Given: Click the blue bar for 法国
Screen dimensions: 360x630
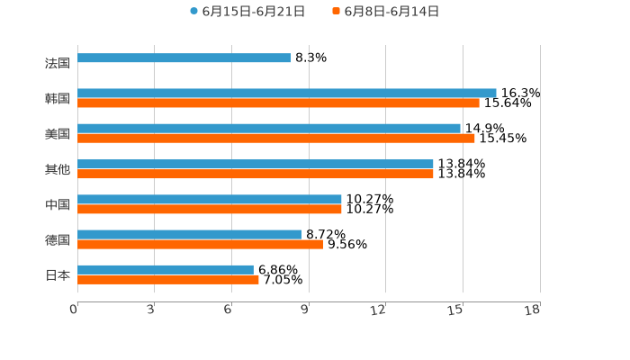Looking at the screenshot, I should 184,58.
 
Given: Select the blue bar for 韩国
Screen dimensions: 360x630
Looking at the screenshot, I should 286,93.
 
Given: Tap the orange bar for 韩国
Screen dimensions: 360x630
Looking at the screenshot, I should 278,103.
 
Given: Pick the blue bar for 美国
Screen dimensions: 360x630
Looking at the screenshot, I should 269,128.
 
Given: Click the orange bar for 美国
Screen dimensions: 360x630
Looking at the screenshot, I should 276,138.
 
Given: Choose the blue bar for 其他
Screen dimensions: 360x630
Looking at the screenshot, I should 256,164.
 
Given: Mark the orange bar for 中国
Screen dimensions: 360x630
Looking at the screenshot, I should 210,209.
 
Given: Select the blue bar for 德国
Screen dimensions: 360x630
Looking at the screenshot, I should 190,234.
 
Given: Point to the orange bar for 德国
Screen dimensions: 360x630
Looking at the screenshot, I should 200,244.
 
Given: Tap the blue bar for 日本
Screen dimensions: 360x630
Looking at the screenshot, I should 166,269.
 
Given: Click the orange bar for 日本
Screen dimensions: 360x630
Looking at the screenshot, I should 168,279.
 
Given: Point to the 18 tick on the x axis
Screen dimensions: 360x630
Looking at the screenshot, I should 532,310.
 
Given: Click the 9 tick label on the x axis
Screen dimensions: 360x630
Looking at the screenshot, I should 304,310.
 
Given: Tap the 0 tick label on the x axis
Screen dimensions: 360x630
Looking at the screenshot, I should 74,310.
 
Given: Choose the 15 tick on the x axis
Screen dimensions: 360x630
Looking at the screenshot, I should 456,310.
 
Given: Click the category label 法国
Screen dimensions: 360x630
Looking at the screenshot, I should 58,63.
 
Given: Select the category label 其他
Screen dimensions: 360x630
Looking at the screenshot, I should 58,169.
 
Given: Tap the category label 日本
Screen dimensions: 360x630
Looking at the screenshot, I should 58,274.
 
